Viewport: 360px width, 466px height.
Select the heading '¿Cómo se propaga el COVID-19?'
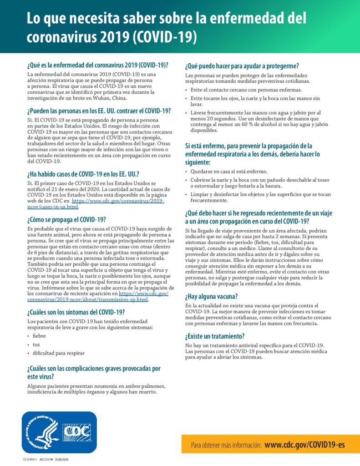67,219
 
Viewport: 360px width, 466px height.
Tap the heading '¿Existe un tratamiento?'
215,336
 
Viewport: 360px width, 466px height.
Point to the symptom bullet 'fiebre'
39,336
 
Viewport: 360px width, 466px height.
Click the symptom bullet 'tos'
36,344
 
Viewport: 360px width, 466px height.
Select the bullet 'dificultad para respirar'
58,353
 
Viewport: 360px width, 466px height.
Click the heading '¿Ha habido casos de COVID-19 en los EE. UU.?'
83,174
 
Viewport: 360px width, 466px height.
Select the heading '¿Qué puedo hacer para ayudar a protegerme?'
242,66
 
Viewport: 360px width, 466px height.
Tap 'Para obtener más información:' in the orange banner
226,445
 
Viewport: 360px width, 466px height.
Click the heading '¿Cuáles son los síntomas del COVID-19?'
76,312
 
